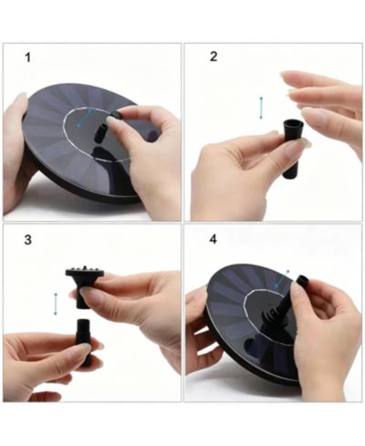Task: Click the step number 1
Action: pyautogui.click(x=27, y=57)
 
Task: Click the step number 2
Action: pyautogui.click(x=214, y=57)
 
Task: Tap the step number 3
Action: pyautogui.click(x=27, y=240)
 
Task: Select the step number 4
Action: pyautogui.click(x=214, y=239)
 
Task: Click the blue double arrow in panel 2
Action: pyautogui.click(x=261, y=108)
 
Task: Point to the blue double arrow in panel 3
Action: pyautogui.click(x=56, y=304)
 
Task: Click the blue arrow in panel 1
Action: pyautogui.click(x=84, y=118)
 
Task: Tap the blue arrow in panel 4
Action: pyautogui.click(x=282, y=279)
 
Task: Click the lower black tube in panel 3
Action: pyautogui.click(x=85, y=341)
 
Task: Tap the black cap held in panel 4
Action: pyautogui.click(x=303, y=281)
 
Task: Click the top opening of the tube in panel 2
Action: pyautogui.click(x=293, y=123)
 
